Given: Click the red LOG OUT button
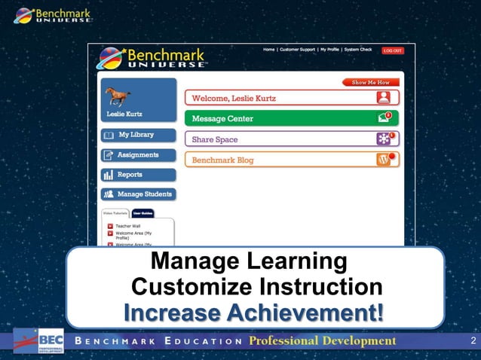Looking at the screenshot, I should tap(392, 50).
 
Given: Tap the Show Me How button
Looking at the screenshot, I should tap(372, 82).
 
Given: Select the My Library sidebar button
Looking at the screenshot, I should tap(138, 136).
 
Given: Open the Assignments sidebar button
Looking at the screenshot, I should tap(138, 155).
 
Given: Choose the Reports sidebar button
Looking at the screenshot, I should tap(138, 175).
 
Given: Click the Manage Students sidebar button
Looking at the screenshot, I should tap(138, 194).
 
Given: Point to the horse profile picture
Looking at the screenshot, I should tap(118, 96).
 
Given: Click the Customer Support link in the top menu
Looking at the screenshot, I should tap(297, 50).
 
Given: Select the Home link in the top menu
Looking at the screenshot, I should tap(268, 50).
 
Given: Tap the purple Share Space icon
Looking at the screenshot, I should tap(384, 139).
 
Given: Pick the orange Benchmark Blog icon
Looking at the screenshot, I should tap(384, 160).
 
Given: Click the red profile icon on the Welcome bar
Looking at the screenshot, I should tap(384, 97).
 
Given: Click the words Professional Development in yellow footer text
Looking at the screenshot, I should tap(322, 341).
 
